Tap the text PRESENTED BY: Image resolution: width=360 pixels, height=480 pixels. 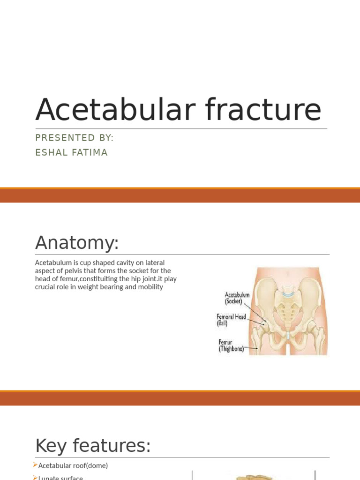tap(75, 138)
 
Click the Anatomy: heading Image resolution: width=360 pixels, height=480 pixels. tap(77, 243)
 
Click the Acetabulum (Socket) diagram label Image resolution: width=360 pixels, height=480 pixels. tap(237, 298)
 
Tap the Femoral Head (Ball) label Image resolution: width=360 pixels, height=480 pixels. tap(231, 320)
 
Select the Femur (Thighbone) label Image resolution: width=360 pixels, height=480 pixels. tap(232, 345)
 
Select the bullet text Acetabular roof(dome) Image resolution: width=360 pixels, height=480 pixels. tap(73, 465)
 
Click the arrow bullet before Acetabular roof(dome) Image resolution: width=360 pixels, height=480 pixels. tap(35, 465)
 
